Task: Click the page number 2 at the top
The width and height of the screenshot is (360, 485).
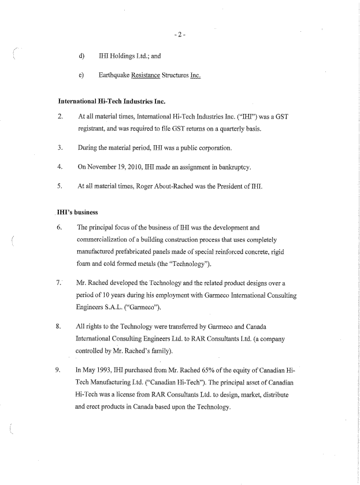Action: point(180,35)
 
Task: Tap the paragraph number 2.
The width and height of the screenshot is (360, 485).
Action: point(60,117)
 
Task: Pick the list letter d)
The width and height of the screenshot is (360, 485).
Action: point(81,56)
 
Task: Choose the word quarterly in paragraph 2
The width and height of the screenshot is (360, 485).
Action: point(230,128)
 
